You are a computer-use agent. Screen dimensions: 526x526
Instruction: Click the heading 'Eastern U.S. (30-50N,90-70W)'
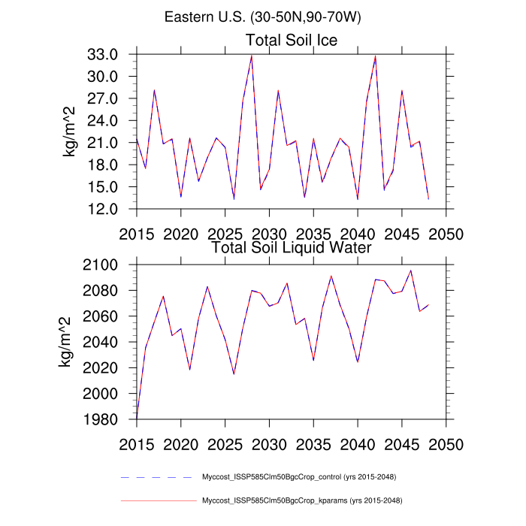262,17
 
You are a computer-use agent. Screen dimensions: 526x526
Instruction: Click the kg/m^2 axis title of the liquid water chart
65,342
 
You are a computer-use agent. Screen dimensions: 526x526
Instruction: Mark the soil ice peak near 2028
252,56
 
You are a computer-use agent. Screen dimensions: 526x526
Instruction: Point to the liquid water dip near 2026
234,373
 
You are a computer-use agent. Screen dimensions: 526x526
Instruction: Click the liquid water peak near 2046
411,271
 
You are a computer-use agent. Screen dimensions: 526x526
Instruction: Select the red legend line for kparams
157,500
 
